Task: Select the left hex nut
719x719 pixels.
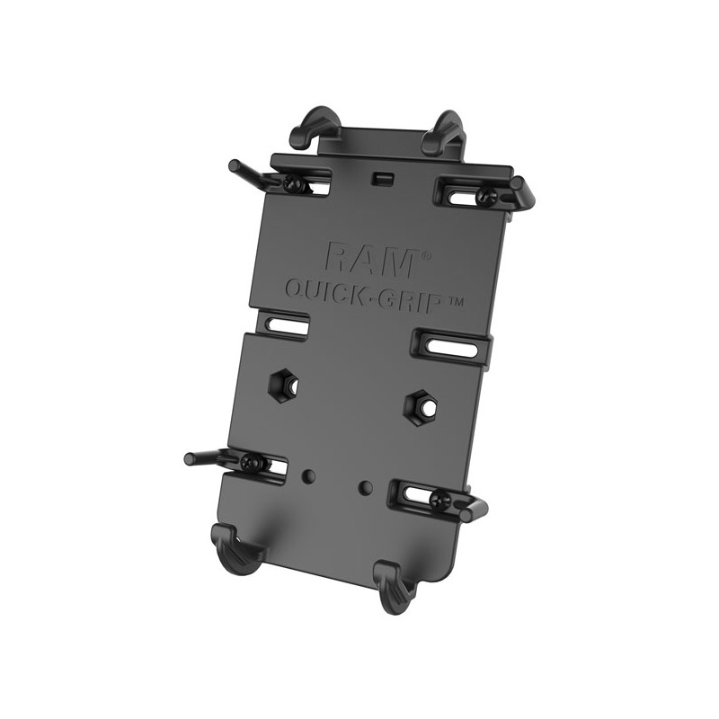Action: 284,386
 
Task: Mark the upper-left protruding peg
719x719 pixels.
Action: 242,170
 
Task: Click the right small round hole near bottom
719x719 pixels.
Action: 364,487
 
